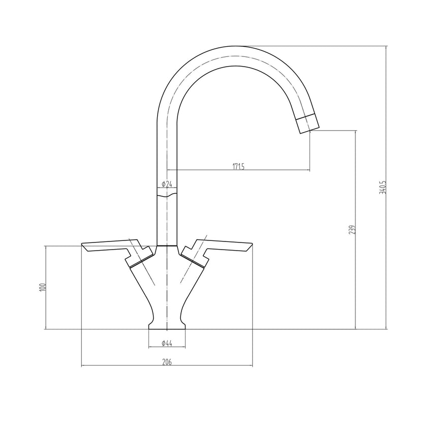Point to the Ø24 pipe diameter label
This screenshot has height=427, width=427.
pos(166,184)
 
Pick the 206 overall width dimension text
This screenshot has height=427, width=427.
pos(167,361)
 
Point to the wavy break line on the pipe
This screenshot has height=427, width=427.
pos(167,195)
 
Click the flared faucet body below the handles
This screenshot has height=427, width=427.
pos(167,290)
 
